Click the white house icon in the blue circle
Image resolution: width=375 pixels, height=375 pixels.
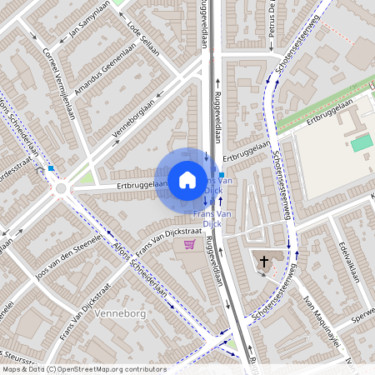point(187,179)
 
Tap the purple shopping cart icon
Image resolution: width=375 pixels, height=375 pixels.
point(189,244)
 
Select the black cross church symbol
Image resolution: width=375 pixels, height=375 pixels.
point(264,262)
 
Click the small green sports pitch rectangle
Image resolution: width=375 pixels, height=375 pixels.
point(361,143)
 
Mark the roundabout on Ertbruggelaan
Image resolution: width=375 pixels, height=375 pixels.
point(61,188)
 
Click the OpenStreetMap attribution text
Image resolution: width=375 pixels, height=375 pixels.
point(83,368)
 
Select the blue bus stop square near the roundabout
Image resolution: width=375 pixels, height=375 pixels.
point(51,168)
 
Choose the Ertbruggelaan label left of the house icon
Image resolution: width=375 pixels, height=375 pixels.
point(137,185)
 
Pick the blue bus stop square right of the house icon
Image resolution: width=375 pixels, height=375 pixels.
point(221,176)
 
